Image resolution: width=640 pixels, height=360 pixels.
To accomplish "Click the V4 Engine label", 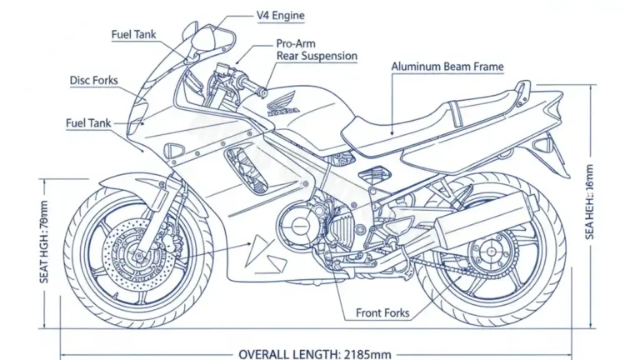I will pyautogui.click(x=280, y=15).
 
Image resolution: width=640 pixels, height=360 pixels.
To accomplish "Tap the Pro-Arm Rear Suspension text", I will pyautogui.click(x=317, y=50).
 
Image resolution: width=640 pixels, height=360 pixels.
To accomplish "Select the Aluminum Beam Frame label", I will pyautogui.click(x=447, y=67).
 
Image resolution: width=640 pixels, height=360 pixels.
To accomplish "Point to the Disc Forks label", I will pyautogui.click(x=92, y=81).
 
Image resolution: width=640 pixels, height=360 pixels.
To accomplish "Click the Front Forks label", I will pyautogui.click(x=382, y=313).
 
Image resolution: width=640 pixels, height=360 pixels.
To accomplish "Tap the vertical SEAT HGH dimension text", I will pyautogui.click(x=44, y=242).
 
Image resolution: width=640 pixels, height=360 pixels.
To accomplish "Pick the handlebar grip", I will pyautogui.click(x=249, y=84).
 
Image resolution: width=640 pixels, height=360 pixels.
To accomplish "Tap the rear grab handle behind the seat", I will pyautogui.click(x=521, y=91).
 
